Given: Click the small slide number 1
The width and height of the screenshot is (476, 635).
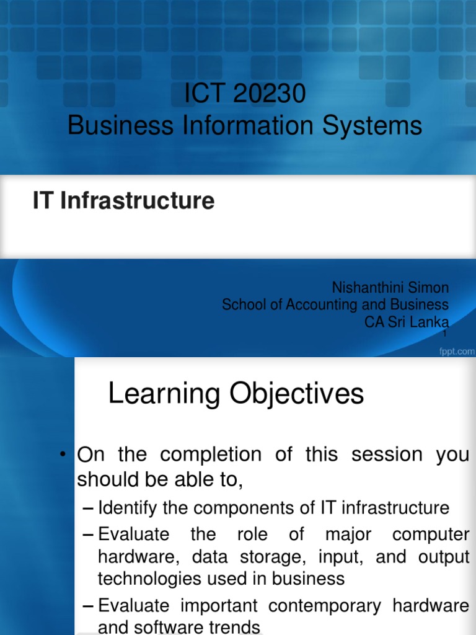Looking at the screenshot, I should click(x=444, y=334).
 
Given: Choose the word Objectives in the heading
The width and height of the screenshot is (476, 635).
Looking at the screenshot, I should click(x=296, y=394).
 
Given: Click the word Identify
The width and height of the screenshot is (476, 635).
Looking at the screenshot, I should click(x=128, y=508).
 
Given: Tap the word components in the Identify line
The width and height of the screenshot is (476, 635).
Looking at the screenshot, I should click(x=232, y=508).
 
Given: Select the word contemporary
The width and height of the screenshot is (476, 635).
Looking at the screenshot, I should click(x=346, y=605).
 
